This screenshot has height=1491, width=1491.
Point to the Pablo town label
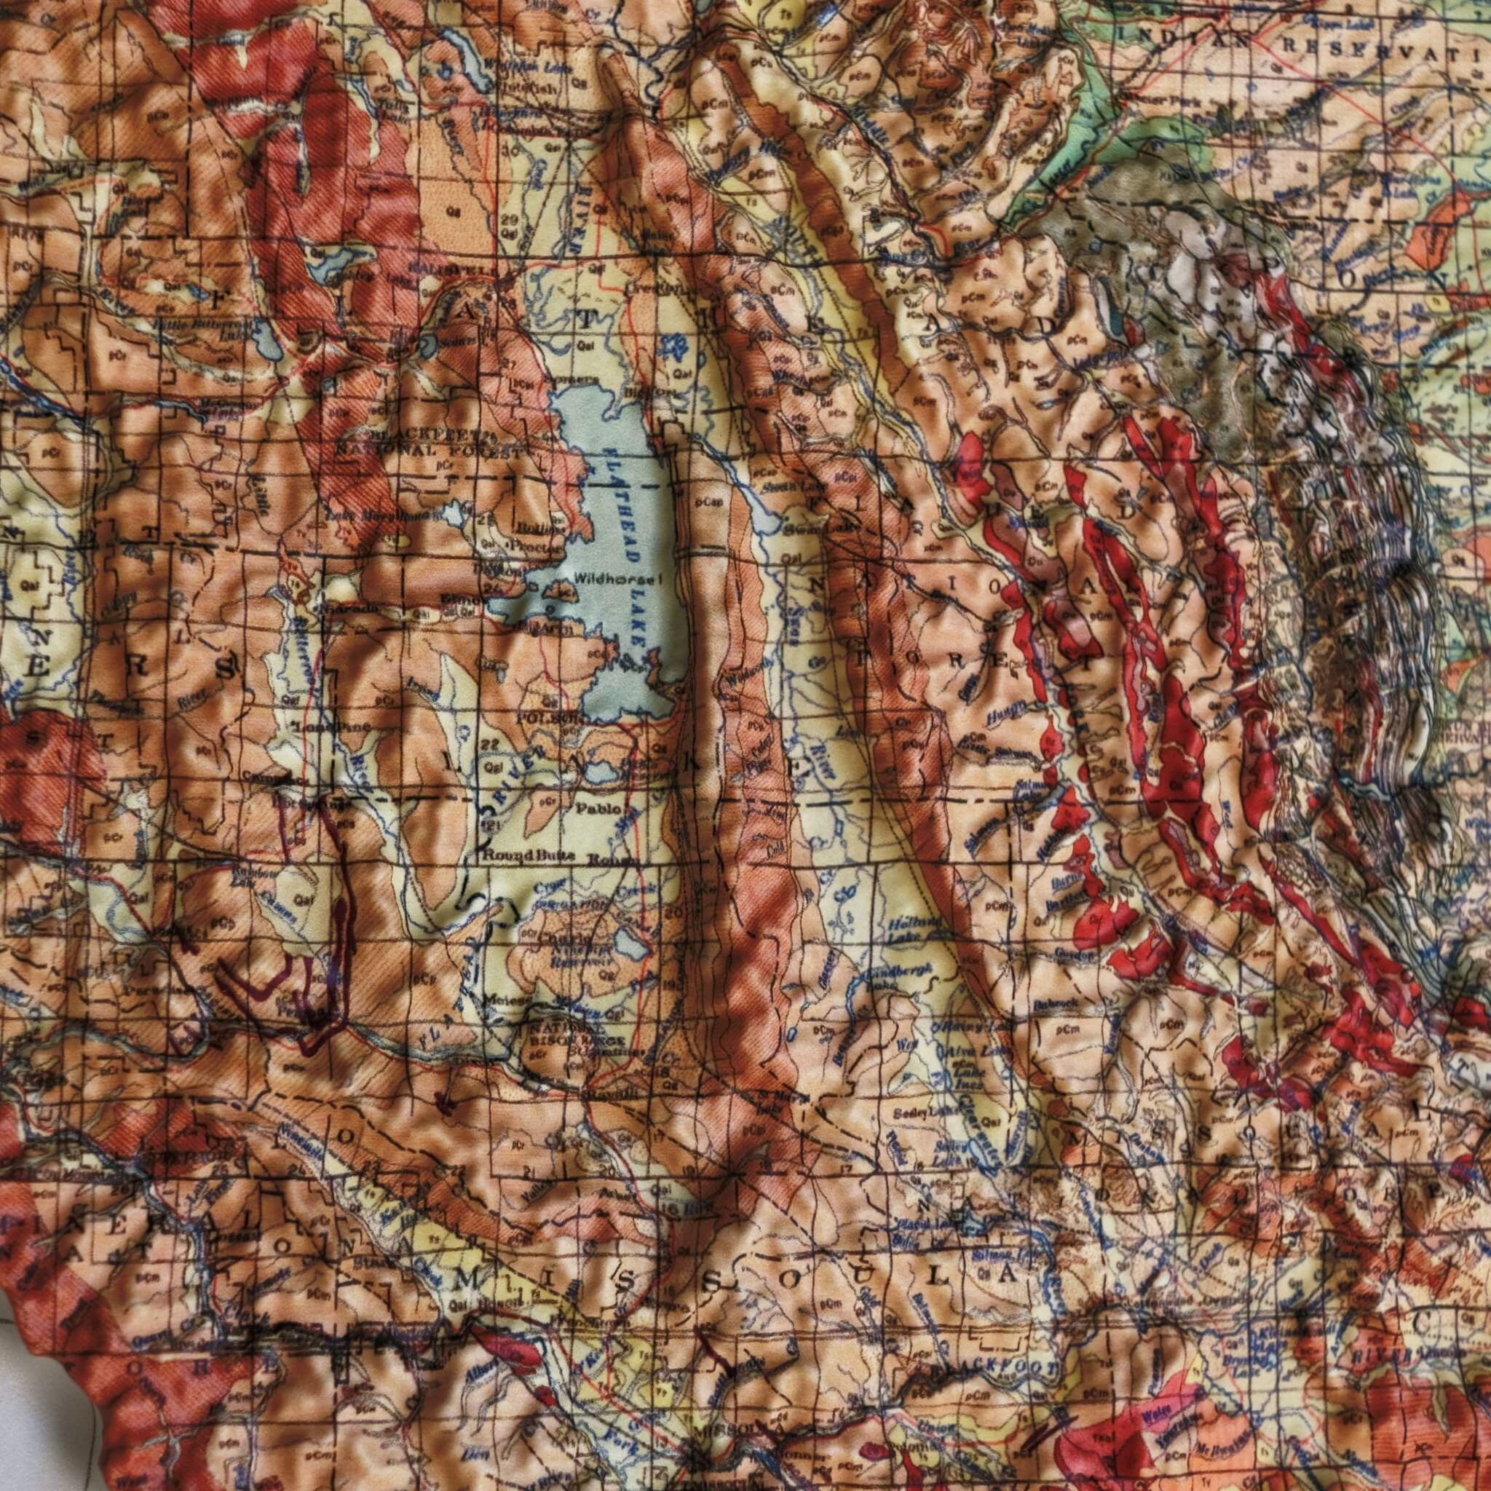tap(599, 809)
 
